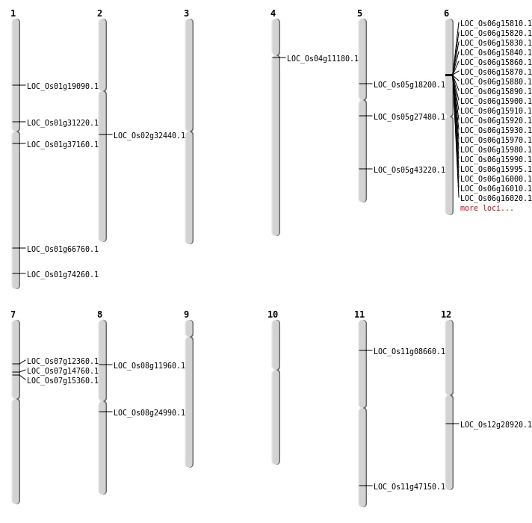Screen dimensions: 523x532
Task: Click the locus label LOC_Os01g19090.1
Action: tap(63, 86)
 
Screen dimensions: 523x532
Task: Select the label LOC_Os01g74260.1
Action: tap(63, 274)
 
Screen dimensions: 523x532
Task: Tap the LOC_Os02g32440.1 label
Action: tap(149, 135)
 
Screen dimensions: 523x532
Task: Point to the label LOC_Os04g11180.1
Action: tap(323, 58)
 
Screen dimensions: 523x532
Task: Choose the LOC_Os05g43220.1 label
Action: tap(409, 170)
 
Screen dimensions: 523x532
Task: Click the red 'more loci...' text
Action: tap(486, 208)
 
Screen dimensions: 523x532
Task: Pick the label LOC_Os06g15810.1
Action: tap(496, 23)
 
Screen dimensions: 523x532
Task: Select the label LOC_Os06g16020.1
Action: tap(496, 198)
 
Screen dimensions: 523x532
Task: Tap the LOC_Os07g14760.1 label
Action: tap(63, 371)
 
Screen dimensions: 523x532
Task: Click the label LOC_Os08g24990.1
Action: tap(149, 412)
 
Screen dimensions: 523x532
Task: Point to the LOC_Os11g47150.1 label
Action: tap(409, 486)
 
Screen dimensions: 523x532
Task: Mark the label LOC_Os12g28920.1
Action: tap(496, 424)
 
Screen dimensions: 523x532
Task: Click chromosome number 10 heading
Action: tap(273, 315)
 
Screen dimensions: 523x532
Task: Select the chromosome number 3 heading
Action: tap(186, 13)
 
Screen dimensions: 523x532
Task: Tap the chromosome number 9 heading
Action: tap(186, 315)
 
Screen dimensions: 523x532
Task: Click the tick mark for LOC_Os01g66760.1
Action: tap(16, 248)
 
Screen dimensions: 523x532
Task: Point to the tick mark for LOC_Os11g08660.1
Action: tap(362, 350)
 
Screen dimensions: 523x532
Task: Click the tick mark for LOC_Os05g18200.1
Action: tap(362, 84)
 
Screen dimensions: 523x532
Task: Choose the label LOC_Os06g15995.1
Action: tap(496, 169)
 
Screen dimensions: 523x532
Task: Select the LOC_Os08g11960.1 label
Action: tap(149, 365)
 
